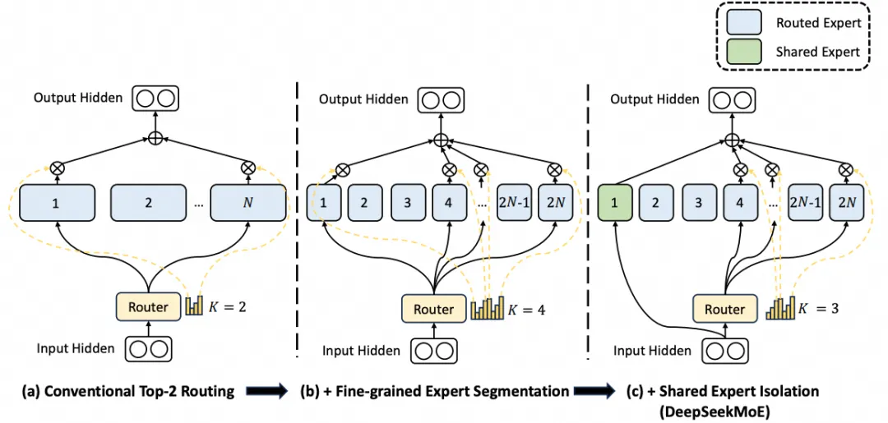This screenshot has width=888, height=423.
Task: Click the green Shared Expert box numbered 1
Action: coord(615,203)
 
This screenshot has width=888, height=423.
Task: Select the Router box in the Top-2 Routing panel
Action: coord(148,307)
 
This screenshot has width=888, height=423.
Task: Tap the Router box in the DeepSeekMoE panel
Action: coord(724,309)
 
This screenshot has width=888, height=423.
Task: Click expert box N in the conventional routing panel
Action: coord(247,203)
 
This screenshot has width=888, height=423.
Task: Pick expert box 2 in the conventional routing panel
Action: coord(149,203)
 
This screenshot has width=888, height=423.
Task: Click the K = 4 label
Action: coord(526,310)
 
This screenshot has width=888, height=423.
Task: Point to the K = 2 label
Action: coord(226,307)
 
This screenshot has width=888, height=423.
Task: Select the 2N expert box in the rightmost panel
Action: coord(847,203)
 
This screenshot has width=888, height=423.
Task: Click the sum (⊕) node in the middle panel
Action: coord(441,140)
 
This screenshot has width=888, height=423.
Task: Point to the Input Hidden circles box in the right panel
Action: coord(724,351)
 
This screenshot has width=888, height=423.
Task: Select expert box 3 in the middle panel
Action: coord(405,203)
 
